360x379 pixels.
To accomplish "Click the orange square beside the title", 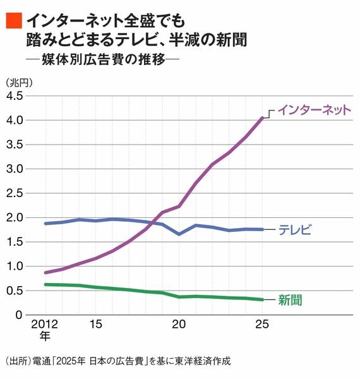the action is coord(14,21).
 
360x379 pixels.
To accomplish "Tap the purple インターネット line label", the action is coord(315,110).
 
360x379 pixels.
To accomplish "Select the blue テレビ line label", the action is coord(295,230).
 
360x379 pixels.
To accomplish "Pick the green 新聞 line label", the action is coord(290,300).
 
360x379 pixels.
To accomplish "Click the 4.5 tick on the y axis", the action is coord(15,96).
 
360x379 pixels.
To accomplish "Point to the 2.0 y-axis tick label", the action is coord(15,218).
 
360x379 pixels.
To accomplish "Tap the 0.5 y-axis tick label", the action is coord(15,291).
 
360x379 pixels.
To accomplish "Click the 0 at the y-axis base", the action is coord(19,315).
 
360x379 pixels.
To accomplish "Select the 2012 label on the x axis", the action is coord(44,324).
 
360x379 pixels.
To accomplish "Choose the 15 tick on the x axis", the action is coord(95,324).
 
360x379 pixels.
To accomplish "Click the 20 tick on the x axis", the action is coord(179,324).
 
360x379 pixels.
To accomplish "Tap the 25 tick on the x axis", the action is coord(262,324).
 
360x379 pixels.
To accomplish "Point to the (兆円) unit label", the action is coord(19,83).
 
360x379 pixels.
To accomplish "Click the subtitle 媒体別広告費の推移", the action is coord(104,59).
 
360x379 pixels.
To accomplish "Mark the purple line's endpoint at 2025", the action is coord(262,118).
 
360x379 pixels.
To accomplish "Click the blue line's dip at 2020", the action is coord(179,234).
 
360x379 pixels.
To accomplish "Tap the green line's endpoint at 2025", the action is coord(262,299).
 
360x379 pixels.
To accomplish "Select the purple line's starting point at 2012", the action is coord(45,273).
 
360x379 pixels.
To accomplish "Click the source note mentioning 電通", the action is coord(118,361).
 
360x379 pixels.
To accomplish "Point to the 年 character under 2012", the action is coord(45,336).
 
